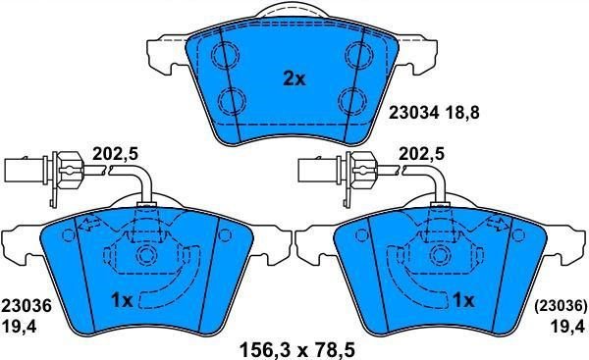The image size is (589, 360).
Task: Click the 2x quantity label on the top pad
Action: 294,78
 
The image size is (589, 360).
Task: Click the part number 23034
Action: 413,112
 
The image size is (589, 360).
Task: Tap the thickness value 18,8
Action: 461,113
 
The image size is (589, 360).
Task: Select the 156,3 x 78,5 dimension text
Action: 296,350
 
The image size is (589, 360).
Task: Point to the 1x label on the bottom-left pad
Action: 122,301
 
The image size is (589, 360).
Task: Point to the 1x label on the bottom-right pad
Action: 463,301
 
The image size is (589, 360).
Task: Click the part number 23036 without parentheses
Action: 26,306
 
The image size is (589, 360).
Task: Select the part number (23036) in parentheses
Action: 561,306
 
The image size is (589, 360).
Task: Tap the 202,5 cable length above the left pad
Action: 115,154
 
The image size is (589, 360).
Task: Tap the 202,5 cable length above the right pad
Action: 421,154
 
